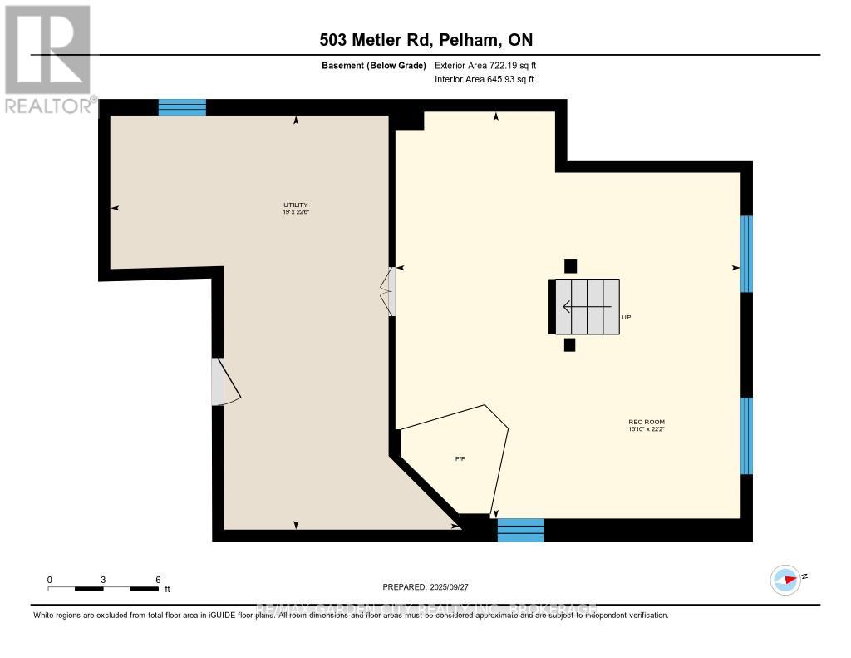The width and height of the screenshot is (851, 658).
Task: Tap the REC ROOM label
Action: coord(647,426)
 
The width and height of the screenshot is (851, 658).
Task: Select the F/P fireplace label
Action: coord(460,459)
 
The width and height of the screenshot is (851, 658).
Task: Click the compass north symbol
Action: coord(786,579)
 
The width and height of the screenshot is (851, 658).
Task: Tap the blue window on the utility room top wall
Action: coord(182,106)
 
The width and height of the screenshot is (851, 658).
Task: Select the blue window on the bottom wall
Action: coord(520,530)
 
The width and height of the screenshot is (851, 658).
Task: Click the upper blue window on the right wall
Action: coord(746,254)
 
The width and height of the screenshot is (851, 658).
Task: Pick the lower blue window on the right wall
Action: coord(746,435)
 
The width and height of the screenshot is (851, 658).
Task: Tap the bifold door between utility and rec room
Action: coord(388,291)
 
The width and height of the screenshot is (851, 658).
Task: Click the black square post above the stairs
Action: coord(570,266)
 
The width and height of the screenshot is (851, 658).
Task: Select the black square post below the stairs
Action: coord(569,344)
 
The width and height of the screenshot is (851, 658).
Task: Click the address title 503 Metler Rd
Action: coord(425,39)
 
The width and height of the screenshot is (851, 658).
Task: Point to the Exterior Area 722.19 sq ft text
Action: coord(491,65)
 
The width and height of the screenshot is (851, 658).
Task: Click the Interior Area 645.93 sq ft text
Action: coord(484,80)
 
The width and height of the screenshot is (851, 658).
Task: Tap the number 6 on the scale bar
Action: coord(157,579)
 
